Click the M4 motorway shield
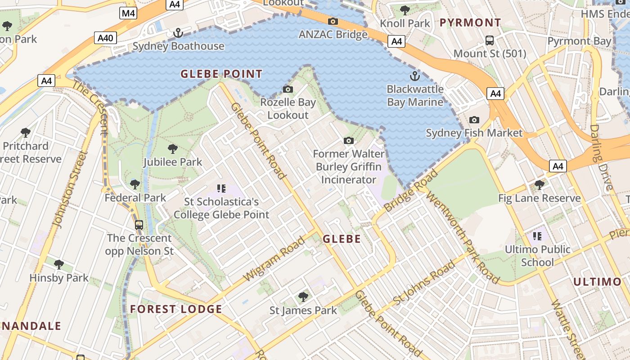pyautogui.click(x=128, y=13)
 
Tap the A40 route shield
pyautogui.click(x=105, y=38)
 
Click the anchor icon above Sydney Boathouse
pyautogui.click(x=178, y=33)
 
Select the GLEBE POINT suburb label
pyautogui.click(x=221, y=74)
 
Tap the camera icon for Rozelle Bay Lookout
pyautogui.click(x=288, y=89)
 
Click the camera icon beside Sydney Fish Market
pyautogui.click(x=474, y=120)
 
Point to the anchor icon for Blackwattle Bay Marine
pyautogui.click(x=414, y=76)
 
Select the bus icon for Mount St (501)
pyautogui.click(x=490, y=40)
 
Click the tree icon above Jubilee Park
pyautogui.click(x=172, y=149)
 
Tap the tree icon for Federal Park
pyautogui.click(x=135, y=184)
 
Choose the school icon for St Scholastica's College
pyautogui.click(x=221, y=188)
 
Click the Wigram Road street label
pyautogui.click(x=274, y=259)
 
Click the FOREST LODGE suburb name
pyautogui.click(x=176, y=309)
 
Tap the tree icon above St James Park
pyautogui.click(x=303, y=297)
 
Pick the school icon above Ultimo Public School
pyautogui.click(x=537, y=236)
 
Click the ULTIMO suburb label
pyautogui.click(x=597, y=282)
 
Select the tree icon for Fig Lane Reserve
pyautogui.click(x=539, y=184)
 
